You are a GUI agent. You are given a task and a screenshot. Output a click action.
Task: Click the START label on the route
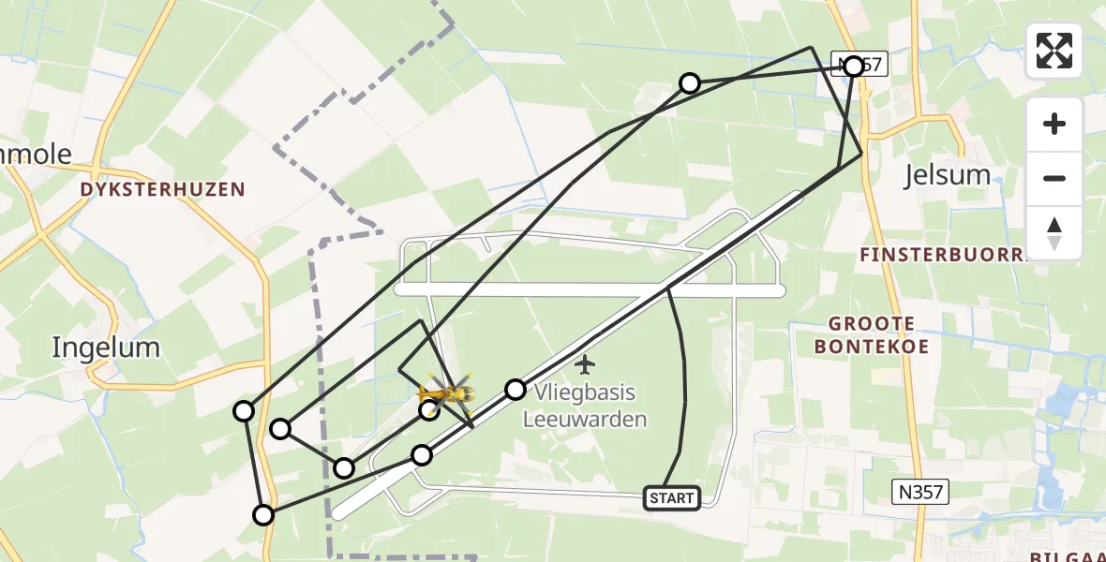click(672, 498)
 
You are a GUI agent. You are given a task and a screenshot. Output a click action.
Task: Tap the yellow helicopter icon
click(446, 392)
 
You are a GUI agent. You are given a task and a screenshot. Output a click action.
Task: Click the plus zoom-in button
click(1054, 124)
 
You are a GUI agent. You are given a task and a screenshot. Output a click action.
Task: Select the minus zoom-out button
click(1054, 178)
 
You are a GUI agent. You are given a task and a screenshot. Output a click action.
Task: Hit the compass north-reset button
click(1054, 232)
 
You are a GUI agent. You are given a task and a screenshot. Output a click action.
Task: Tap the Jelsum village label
click(947, 175)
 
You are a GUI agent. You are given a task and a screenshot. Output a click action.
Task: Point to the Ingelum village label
click(105, 348)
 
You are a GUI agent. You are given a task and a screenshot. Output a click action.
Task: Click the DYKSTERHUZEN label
click(163, 189)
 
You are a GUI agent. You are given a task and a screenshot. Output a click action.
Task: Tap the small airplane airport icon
click(586, 362)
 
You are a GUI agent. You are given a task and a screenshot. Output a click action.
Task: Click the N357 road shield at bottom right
click(919, 490)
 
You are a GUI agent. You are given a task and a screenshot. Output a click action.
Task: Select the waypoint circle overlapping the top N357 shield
click(853, 66)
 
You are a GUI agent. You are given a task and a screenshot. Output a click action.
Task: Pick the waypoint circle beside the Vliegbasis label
click(515, 390)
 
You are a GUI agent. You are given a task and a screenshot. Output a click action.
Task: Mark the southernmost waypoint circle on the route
click(263, 514)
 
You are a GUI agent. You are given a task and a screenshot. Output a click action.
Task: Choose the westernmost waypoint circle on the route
click(244, 410)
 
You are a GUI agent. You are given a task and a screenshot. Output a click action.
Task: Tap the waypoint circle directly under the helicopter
click(428, 409)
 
